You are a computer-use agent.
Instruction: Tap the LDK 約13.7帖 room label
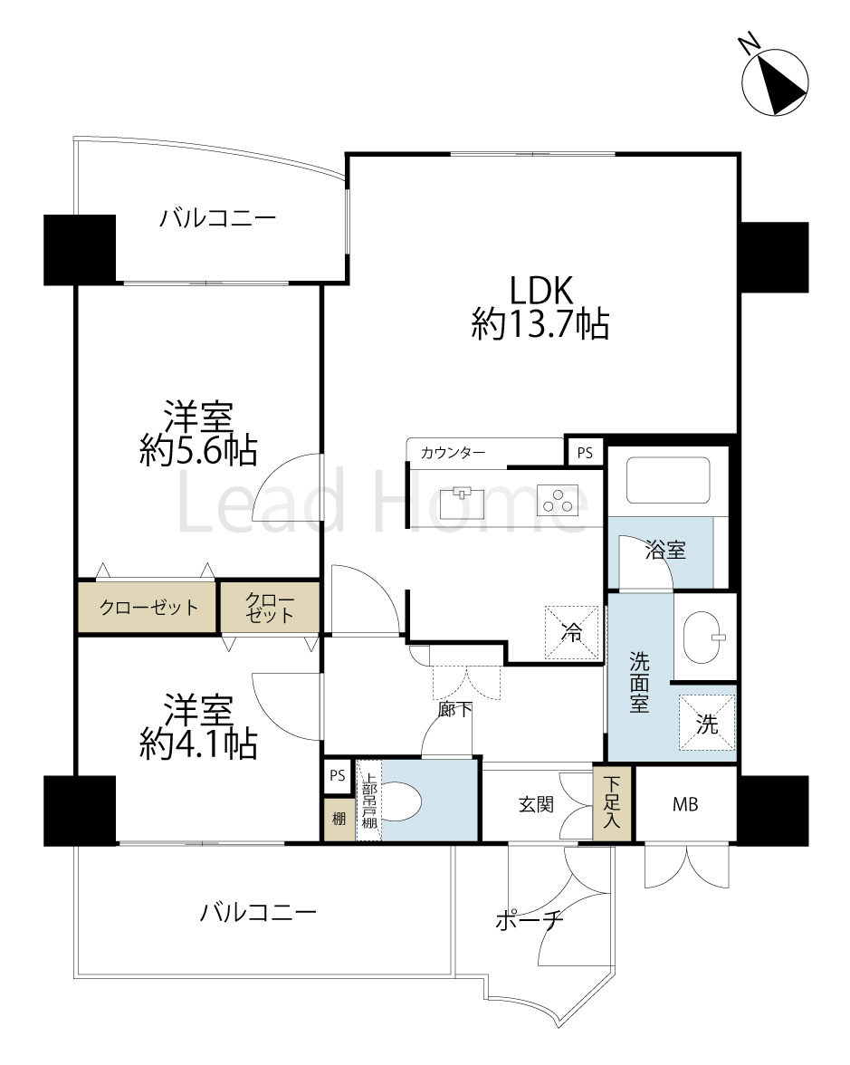540,307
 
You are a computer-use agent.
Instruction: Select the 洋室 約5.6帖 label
198,433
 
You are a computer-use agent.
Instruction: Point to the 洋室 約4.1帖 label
198,726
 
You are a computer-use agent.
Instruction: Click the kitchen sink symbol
463,503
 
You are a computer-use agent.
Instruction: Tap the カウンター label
453,453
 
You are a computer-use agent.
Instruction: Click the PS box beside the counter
585,453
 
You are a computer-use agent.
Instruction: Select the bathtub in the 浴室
668,480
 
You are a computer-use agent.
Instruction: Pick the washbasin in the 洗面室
703,638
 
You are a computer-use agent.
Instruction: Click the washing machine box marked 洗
707,724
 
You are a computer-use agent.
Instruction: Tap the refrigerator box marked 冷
572,633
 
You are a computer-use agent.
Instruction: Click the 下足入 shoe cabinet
612,802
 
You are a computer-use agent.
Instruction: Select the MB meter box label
685,804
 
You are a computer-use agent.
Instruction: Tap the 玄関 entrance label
536,804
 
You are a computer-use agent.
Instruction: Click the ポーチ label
530,920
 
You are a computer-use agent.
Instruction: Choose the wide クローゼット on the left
148,607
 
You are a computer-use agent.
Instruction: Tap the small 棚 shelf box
339,819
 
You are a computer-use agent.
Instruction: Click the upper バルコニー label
218,218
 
